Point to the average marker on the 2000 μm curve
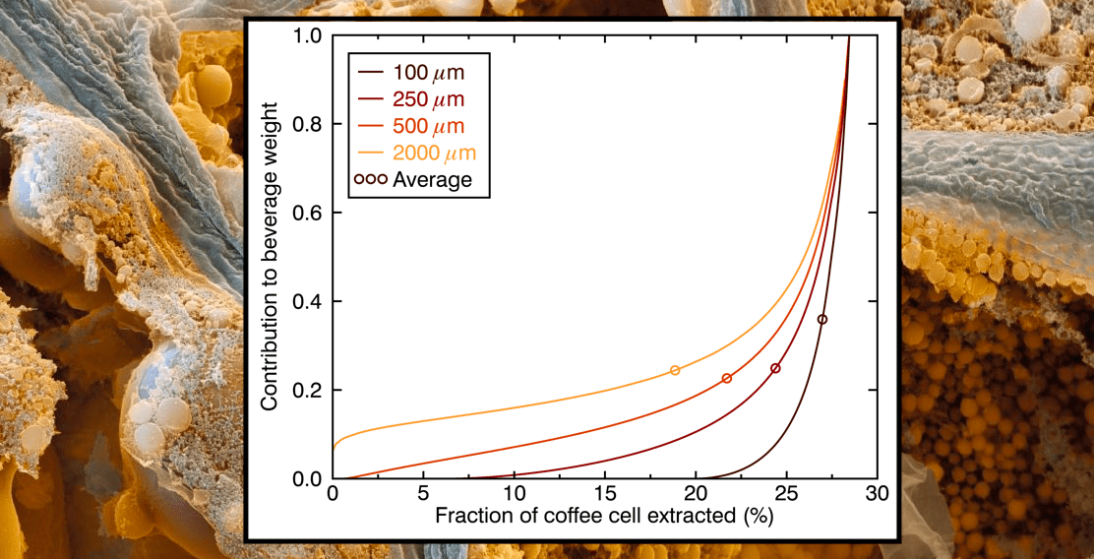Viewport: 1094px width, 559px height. (675, 370)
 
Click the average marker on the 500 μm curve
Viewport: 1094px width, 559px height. (727, 378)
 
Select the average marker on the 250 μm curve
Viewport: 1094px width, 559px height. (775, 368)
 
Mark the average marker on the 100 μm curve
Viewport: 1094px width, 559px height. (822, 319)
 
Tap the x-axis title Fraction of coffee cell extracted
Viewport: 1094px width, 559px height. (604, 517)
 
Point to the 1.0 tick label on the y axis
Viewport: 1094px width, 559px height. (307, 36)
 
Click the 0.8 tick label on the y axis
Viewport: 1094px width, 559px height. (307, 125)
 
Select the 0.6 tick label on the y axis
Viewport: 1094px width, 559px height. (307, 214)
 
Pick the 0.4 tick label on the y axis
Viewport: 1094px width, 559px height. (307, 302)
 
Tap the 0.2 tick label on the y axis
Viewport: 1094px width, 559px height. (307, 391)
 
